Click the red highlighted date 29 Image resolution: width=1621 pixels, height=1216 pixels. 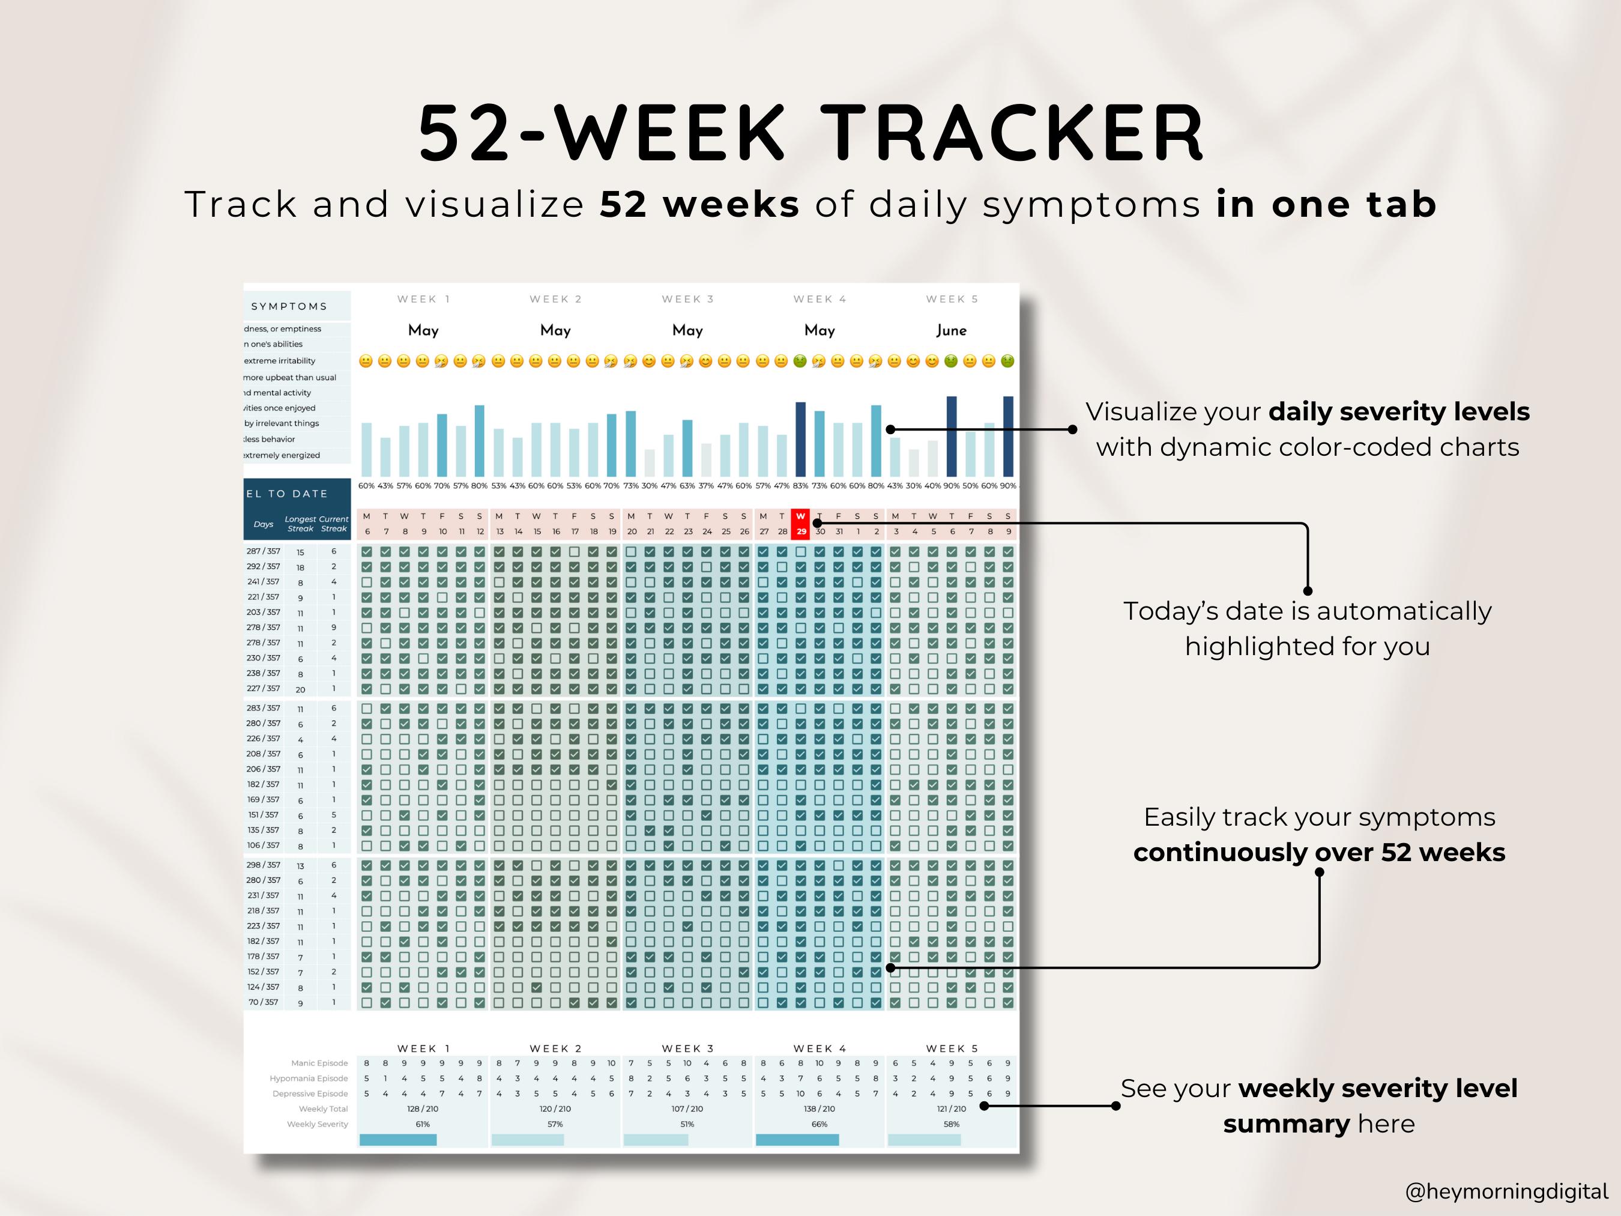pyautogui.click(x=801, y=531)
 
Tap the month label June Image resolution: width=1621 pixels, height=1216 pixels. pyautogui.click(x=951, y=330)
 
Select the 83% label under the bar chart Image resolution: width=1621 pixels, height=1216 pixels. pyautogui.click(x=800, y=486)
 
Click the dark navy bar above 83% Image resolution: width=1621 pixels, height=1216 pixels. pyautogui.click(x=800, y=440)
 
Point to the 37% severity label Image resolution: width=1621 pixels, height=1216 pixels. pyautogui.click(x=705, y=486)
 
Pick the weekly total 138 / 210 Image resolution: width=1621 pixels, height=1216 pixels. pyautogui.click(x=820, y=1109)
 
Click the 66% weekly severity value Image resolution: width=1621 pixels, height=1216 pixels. pyautogui.click(x=820, y=1124)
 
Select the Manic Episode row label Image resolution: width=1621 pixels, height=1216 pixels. pyautogui.click(x=319, y=1063)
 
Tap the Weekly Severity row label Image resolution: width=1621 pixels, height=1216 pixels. pyautogui.click(x=318, y=1124)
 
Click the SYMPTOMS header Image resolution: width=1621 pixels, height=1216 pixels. pyautogui.click(x=289, y=306)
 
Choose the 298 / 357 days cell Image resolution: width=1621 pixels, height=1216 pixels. pyautogui.click(x=263, y=865)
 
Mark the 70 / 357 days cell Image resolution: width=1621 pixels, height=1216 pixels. pyautogui.click(x=263, y=1002)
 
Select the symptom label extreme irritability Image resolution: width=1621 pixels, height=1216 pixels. pyautogui.click(x=279, y=361)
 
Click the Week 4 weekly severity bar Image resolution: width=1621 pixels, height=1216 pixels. pyautogui.click(x=797, y=1140)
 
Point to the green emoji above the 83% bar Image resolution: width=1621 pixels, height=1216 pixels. pyautogui.click(x=800, y=361)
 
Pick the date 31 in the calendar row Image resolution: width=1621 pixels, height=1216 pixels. pyautogui.click(x=839, y=531)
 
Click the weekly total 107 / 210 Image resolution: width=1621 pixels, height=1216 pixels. pyautogui.click(x=687, y=1109)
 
